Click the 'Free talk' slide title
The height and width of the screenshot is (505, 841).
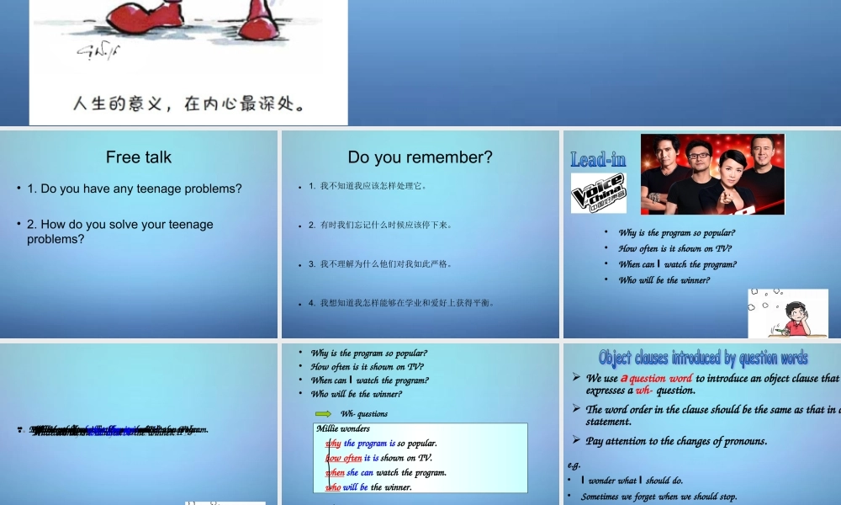[139, 157]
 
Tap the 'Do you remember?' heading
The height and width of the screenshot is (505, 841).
[420, 157]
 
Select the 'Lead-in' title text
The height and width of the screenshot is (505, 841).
[598, 159]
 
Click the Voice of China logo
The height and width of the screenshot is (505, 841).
[598, 193]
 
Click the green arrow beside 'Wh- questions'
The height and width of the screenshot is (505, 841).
[323, 413]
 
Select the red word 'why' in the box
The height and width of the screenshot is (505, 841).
[333, 444]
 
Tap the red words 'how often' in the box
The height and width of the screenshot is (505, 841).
[343, 458]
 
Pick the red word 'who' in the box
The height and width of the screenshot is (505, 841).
[333, 487]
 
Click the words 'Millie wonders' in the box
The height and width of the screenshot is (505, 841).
[343, 429]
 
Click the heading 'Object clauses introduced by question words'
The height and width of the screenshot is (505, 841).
[703, 358]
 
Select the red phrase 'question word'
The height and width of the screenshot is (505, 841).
[660, 378]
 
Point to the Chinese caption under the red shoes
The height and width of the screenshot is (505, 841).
[188, 104]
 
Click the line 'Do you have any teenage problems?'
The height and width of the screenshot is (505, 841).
[134, 189]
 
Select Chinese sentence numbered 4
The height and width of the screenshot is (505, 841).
[407, 303]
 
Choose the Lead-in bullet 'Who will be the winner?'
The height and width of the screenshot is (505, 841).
[664, 280]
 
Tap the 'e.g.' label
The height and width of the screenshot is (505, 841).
[574, 465]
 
